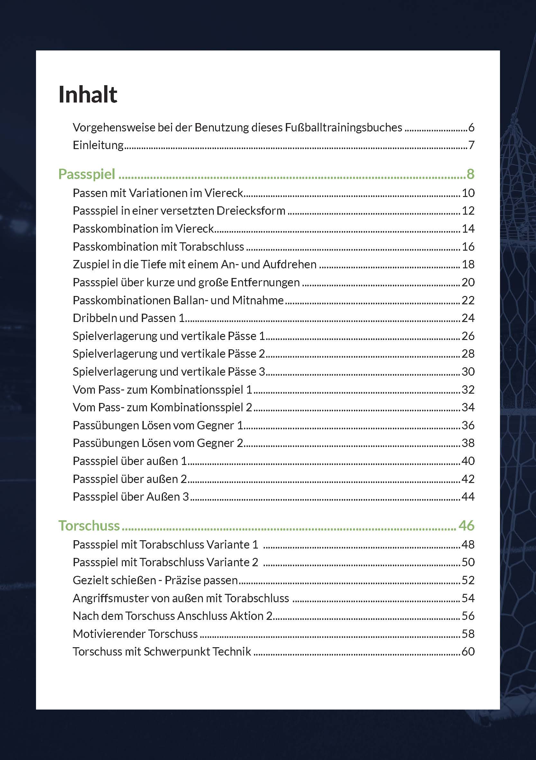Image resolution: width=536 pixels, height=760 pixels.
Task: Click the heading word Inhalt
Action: click(88, 95)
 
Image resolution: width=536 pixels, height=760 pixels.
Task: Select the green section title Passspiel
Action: click(87, 174)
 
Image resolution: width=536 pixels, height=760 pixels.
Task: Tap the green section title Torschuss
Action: click(89, 526)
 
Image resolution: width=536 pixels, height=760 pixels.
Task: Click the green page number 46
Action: click(467, 526)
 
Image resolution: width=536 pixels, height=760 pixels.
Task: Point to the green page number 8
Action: click(470, 174)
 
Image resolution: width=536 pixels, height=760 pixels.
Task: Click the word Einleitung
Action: click(98, 145)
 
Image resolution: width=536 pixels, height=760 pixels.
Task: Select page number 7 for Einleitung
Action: click(471, 145)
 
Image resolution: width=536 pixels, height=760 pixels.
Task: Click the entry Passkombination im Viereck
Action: click(143, 229)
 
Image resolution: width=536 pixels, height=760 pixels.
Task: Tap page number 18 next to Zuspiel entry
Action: click(468, 264)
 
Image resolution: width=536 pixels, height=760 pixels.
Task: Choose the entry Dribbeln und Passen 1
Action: click(129, 318)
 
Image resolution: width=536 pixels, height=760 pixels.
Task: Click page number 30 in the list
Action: click(468, 372)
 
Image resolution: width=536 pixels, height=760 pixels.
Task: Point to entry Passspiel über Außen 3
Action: click(131, 496)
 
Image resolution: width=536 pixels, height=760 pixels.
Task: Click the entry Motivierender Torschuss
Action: click(135, 634)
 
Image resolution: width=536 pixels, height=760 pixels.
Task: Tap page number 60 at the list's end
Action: click(468, 651)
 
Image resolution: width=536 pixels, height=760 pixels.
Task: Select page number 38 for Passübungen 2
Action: click(468, 443)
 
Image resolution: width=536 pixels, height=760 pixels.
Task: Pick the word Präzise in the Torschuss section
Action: click(181, 580)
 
